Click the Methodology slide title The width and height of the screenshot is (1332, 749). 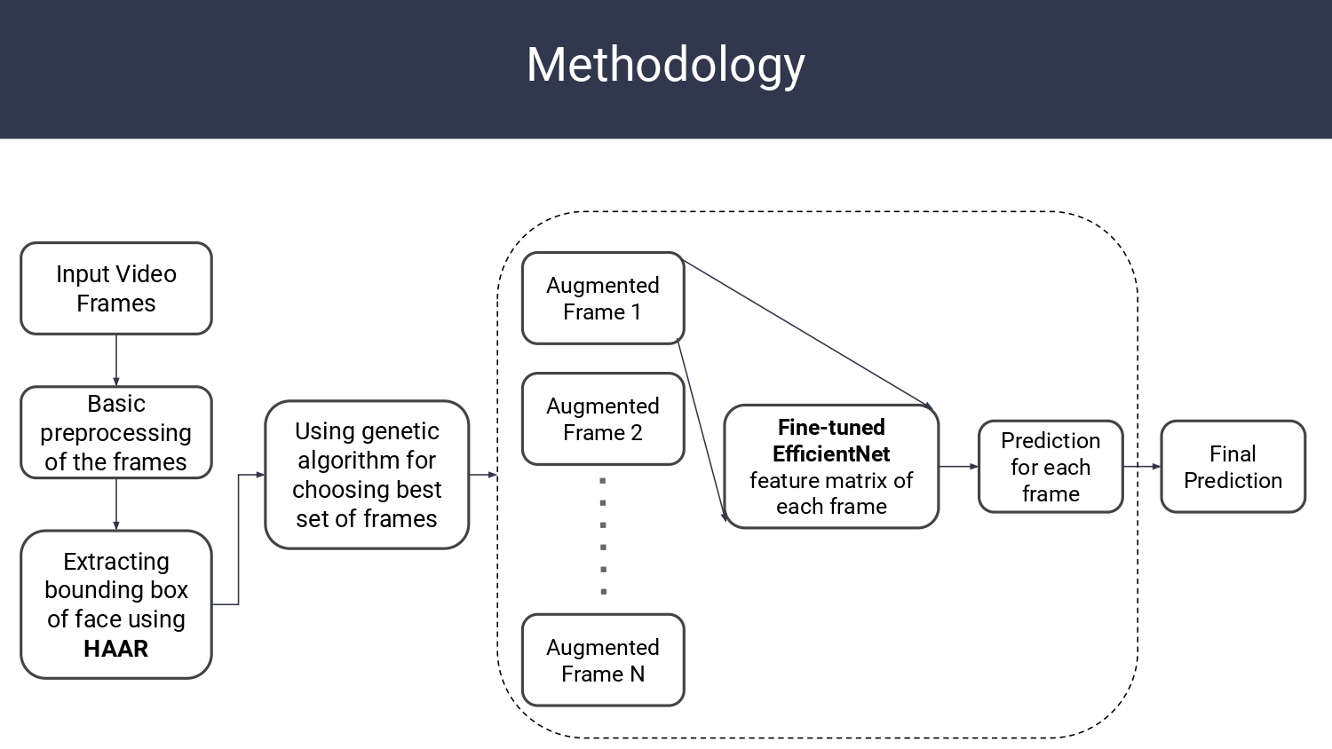coord(665,66)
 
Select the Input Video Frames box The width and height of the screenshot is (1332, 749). coord(116,288)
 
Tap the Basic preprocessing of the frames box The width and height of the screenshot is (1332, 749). coord(116,432)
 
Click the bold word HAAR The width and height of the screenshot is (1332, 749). coord(115,649)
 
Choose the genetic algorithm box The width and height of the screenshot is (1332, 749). coord(366,475)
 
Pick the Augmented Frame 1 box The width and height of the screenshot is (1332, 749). coord(602,298)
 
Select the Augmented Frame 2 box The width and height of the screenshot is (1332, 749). coord(602,419)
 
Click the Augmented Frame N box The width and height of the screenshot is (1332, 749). coord(602,660)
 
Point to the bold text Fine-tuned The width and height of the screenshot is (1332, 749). coord(831,427)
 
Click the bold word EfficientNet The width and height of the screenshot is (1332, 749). coord(831,454)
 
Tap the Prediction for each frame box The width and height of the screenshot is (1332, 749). coord(1051,467)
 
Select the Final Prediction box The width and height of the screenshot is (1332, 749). coord(1233,467)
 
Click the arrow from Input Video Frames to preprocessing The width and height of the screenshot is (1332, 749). coord(116,360)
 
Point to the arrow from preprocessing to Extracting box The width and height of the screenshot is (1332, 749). coord(116,504)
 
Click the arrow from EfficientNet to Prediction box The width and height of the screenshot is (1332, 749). coord(958,466)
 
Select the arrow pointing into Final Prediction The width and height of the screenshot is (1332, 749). coord(1142,466)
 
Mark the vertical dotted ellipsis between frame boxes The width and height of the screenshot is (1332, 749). coord(603,536)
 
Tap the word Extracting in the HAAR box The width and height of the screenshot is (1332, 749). coord(116,562)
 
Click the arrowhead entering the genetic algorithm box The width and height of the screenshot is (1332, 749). coord(260,475)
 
